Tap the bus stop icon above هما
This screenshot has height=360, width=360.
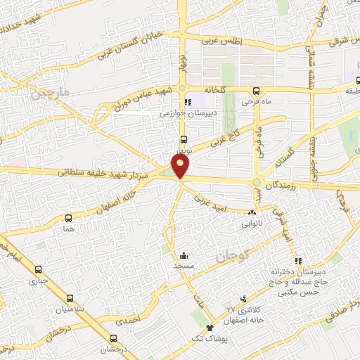point(68,218)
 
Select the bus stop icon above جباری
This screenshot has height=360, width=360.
point(38,269)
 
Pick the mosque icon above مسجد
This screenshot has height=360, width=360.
point(183,256)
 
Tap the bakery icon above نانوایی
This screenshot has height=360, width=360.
point(252,212)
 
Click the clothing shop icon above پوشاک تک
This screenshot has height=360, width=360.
point(209,328)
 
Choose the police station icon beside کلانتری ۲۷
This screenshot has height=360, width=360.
point(244,299)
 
